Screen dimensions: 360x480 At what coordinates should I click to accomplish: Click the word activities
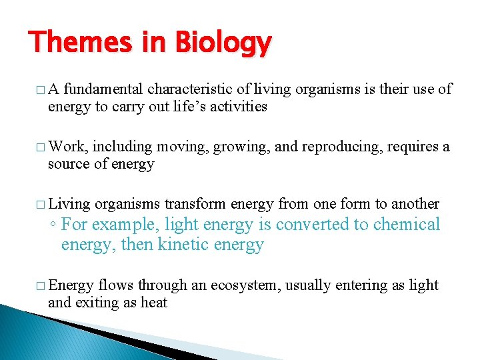tap(238, 106)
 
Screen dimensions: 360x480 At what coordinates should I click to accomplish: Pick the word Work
tap(68, 147)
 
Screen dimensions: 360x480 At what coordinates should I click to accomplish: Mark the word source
tap(67, 164)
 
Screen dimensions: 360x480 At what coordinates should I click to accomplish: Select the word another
tap(416, 204)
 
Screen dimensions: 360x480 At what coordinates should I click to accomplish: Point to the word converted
tap(313, 225)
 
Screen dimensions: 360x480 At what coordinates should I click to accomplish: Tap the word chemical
tap(407, 225)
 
